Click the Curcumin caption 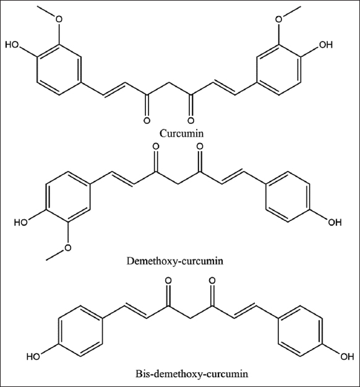tap(181, 133)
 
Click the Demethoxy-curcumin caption tap(175, 261)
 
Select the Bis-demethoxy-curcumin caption tap(192, 374)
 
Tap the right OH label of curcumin tap(326, 45)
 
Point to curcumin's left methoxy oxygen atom tap(59, 19)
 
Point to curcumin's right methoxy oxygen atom tap(278, 19)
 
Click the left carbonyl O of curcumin tap(147, 121)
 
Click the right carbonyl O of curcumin tap(191, 121)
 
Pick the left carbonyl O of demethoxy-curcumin tap(156, 146)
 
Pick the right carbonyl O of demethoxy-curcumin tap(200, 146)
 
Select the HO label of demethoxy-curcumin tap(21, 222)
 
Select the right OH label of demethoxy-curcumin tap(335, 222)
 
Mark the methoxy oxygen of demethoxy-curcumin tap(67, 248)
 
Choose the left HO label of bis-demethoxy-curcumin tap(34, 357)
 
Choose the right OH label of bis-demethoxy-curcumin tap(347, 357)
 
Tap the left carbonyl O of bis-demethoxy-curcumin tap(169, 280)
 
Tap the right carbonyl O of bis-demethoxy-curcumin tap(212, 280)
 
